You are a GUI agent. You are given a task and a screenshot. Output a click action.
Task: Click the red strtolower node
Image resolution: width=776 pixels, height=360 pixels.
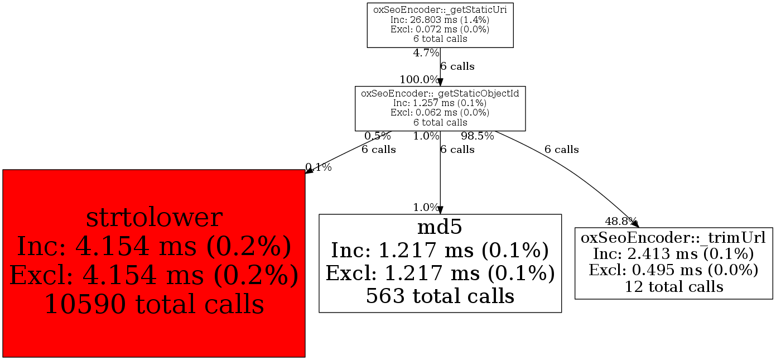(x=154, y=263)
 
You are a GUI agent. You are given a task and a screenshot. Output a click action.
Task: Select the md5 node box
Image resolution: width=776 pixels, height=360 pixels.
(x=440, y=263)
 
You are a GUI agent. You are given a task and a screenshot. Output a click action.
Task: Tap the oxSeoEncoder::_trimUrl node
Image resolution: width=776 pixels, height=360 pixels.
(x=674, y=263)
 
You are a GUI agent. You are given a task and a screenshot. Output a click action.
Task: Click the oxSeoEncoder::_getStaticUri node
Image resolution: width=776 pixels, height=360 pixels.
(x=440, y=25)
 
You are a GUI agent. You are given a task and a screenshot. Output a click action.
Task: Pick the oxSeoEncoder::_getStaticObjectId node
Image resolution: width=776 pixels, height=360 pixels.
(x=440, y=108)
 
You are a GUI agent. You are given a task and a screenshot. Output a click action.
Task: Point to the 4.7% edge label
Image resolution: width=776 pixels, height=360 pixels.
(x=426, y=53)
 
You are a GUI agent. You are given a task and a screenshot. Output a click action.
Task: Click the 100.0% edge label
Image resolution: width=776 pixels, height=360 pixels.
(x=420, y=80)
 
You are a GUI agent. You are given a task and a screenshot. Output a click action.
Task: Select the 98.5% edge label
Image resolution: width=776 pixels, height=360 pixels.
(x=478, y=136)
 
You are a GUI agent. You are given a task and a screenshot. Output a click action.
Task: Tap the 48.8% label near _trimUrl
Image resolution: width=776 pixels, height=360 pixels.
(x=621, y=220)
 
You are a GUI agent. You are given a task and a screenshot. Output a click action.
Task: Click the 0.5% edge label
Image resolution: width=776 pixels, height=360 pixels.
(x=378, y=136)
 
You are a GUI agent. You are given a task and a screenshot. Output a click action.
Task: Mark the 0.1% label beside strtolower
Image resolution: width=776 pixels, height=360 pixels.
(x=319, y=167)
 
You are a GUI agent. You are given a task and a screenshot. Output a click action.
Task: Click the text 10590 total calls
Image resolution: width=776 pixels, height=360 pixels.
(x=155, y=304)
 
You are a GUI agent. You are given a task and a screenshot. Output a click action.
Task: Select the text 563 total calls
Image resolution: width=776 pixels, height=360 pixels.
(x=440, y=296)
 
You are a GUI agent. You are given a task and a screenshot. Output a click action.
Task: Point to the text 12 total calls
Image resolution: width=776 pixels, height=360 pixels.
(x=674, y=286)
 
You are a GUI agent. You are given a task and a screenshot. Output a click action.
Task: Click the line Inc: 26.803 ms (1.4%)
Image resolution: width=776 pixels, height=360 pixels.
(x=440, y=20)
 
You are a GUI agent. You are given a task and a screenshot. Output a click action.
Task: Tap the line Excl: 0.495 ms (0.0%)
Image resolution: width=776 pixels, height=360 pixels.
(x=674, y=270)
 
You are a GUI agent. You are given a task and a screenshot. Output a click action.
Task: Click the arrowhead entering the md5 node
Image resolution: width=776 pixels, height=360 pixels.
(x=440, y=210)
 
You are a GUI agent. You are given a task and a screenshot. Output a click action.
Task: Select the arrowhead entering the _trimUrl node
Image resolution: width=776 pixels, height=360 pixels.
(x=635, y=224)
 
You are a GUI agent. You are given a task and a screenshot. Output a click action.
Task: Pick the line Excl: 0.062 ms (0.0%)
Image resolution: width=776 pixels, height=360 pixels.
(x=440, y=113)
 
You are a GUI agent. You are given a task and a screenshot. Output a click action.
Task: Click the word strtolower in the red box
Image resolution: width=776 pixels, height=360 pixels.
(x=154, y=217)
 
